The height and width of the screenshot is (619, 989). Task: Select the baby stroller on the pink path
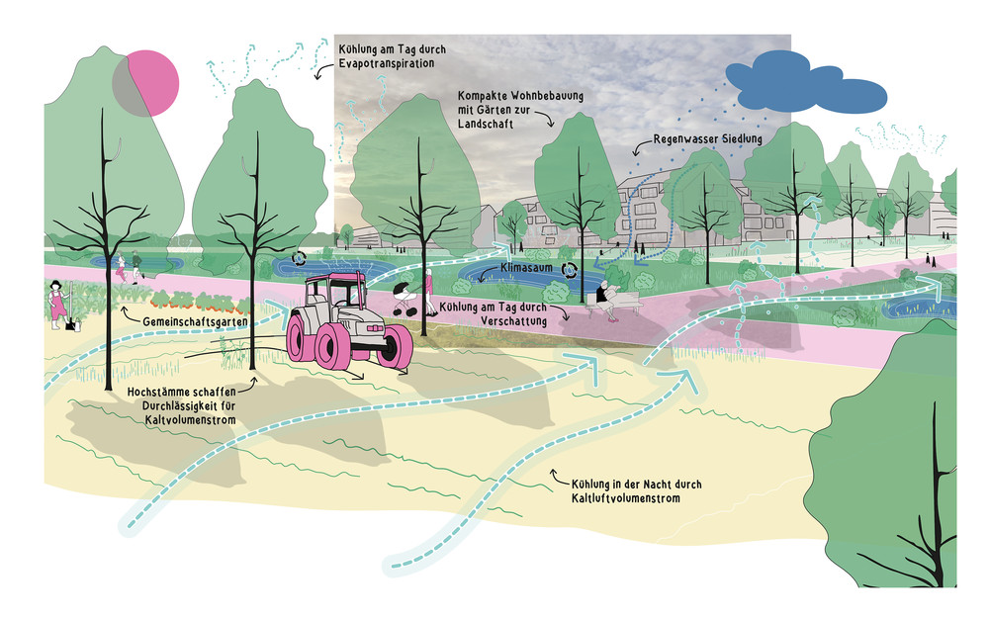pyautogui.click(x=406, y=300)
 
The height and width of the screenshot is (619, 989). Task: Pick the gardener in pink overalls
pyautogui.click(x=57, y=301)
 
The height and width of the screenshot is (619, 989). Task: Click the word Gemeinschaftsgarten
pyautogui.click(x=187, y=322)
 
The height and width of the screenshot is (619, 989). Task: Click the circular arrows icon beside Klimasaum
pyautogui.click(x=570, y=269)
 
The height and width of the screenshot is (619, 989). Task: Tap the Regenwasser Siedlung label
pyautogui.click(x=707, y=140)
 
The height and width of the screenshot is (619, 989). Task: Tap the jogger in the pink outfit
pyautogui.click(x=121, y=267)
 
